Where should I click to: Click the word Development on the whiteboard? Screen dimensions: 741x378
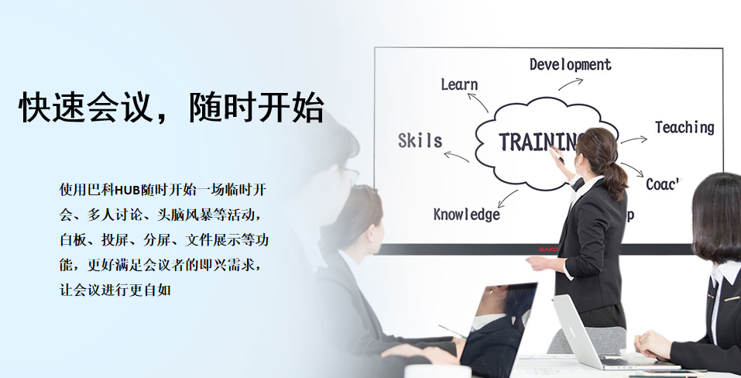click(571, 65)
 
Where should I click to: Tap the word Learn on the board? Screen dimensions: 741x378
click(459, 84)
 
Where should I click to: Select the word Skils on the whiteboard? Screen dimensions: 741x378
click(420, 140)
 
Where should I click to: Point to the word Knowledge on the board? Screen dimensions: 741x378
click(466, 215)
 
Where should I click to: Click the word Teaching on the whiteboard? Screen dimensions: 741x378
click(684, 128)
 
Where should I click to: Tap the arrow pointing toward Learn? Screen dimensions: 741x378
click(478, 102)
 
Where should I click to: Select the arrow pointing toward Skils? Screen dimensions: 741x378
click(457, 156)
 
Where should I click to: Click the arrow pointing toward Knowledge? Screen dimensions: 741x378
click(507, 199)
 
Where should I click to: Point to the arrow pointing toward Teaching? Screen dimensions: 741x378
click(633, 140)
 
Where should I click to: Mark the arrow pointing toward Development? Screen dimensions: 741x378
click(571, 84)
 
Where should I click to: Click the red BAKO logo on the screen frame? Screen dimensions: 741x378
click(548, 249)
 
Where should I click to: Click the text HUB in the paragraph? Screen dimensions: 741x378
click(128, 191)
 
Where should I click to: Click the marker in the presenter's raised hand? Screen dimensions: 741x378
click(557, 154)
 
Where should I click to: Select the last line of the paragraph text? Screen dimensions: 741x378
click(115, 289)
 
